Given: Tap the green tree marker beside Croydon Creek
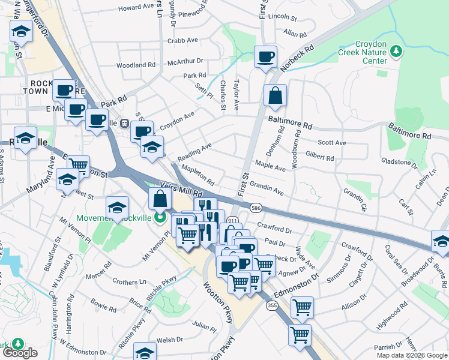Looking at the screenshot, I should tap(396, 52).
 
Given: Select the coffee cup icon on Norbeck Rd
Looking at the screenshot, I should tap(265, 58).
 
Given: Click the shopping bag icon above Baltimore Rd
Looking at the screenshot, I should tap(275, 96).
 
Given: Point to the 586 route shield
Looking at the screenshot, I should tap(256, 208).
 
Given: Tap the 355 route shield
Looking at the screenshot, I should tap(272, 305).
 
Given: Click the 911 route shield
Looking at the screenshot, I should tap(233, 221).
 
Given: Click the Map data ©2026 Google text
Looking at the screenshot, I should tap(412, 355).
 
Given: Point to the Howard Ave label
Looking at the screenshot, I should tap(136, 8).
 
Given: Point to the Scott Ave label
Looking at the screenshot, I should tap(332, 143).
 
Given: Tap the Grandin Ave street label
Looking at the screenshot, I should tap(267, 187).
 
